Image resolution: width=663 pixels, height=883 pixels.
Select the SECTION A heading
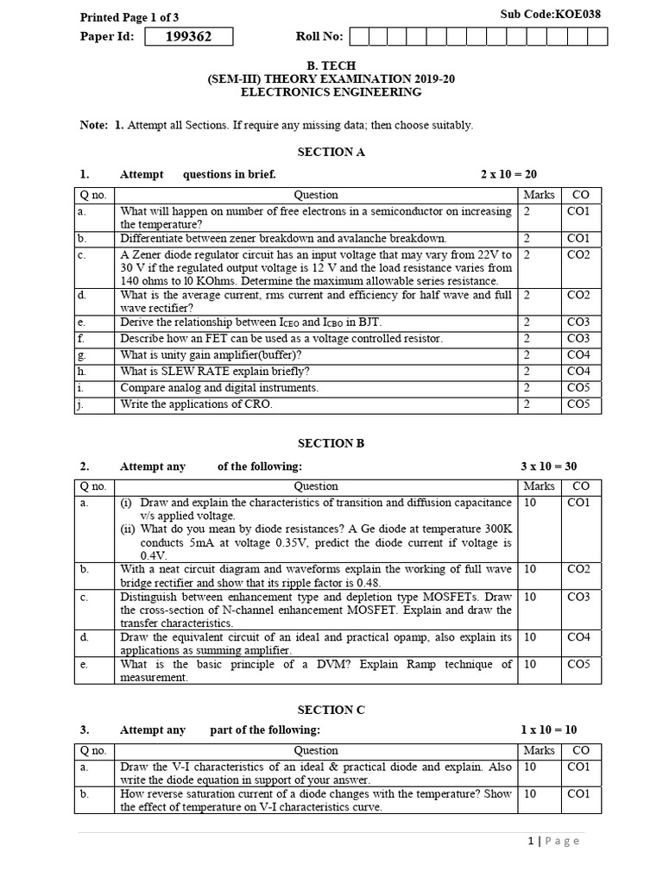click(x=331, y=152)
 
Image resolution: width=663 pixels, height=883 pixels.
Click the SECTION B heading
click(x=331, y=443)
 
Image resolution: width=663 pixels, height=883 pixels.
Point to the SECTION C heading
click(x=331, y=710)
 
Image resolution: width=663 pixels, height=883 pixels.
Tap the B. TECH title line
click(x=331, y=65)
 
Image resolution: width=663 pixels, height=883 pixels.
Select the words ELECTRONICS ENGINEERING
click(x=331, y=92)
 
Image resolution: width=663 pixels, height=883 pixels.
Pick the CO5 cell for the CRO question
click(x=578, y=404)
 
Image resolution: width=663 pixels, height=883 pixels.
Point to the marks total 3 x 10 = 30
click(x=548, y=467)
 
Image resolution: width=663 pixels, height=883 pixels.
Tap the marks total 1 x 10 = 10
click(x=548, y=730)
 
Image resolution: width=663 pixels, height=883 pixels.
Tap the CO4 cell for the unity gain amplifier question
click(x=578, y=355)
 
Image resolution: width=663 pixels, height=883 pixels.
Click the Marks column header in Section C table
click(x=540, y=750)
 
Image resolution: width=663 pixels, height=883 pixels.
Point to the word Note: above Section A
click(x=93, y=125)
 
